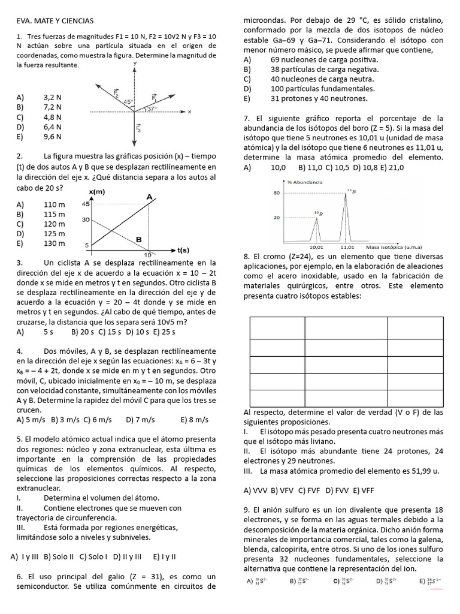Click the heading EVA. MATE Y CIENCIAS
[x=56, y=21]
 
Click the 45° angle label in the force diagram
[x=128, y=103]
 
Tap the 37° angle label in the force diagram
[x=152, y=109]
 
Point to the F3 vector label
[x=139, y=128]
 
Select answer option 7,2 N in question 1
[x=53, y=107]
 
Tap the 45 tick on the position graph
[x=86, y=204]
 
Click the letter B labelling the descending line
[x=138, y=240]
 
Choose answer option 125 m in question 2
[x=54, y=233]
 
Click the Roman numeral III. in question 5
[x=22, y=527]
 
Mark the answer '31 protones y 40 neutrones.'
[x=319, y=98]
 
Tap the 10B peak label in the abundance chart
[x=318, y=213]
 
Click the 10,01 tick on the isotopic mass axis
[x=316, y=246]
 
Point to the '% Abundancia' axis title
[x=305, y=181]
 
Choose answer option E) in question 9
[x=430, y=580]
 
